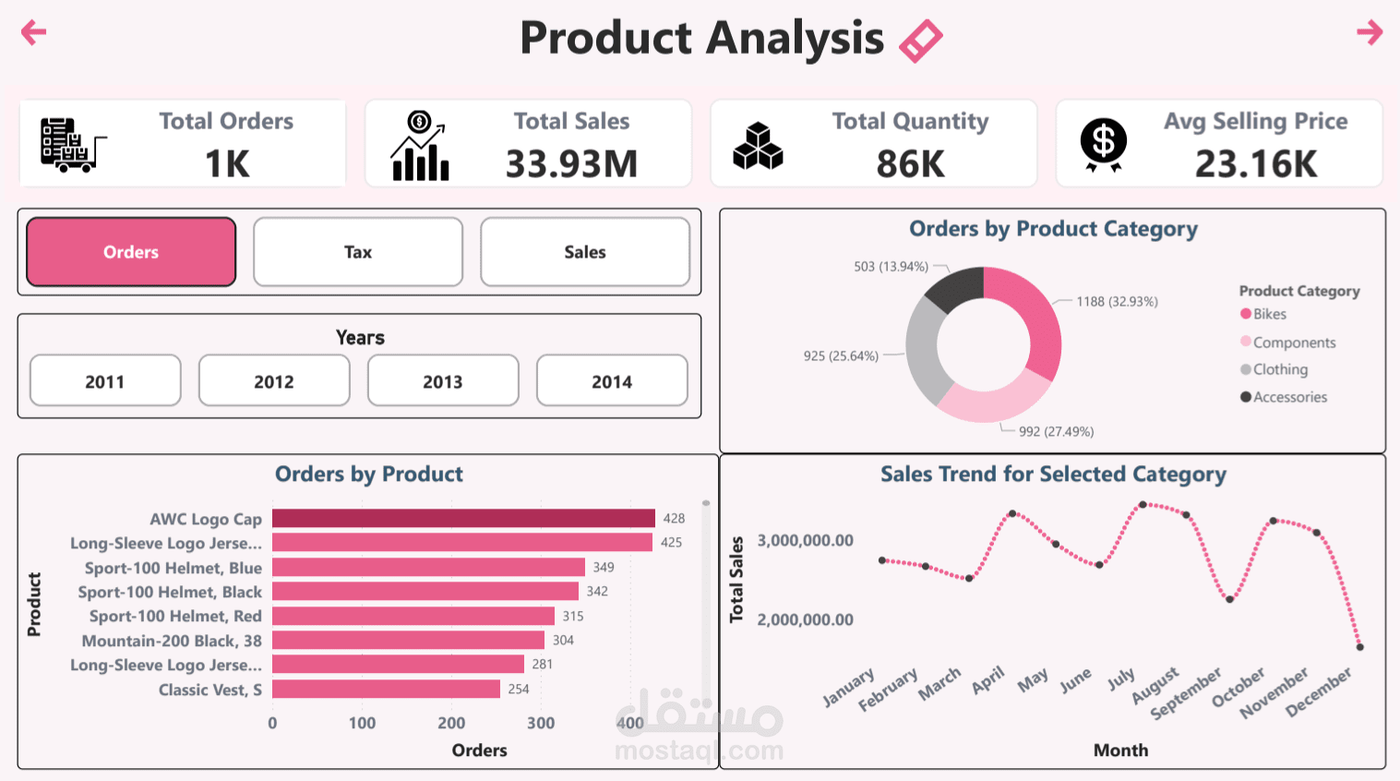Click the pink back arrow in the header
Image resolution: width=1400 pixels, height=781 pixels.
33,32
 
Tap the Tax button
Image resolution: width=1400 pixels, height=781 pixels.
358,252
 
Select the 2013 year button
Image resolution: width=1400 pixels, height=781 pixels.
443,381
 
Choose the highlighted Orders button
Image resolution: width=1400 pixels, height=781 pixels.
131,252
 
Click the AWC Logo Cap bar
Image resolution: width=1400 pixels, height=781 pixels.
463,519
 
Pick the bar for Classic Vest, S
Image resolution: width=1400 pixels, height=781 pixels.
386,690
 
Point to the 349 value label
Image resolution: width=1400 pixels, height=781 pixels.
604,567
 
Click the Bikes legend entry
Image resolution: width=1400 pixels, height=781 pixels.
1269,315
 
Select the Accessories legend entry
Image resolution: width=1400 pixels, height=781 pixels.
1289,397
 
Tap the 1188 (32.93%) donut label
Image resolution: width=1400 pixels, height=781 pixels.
1117,302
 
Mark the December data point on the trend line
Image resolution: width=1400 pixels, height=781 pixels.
1360,647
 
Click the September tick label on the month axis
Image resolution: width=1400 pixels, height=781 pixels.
1186,693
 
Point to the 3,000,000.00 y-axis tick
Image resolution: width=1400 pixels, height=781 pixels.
805,540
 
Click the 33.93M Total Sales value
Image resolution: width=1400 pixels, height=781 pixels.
571,164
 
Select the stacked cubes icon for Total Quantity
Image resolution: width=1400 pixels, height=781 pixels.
758,146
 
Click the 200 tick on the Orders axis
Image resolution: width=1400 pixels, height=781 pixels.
451,723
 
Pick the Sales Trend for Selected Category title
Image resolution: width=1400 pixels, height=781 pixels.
1053,475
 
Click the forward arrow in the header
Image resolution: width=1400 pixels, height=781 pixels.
1369,32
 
